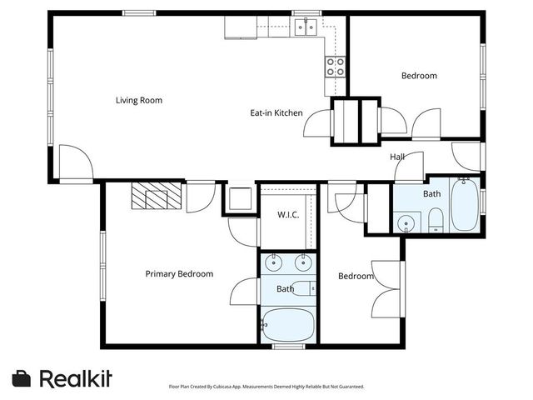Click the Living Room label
[x=139, y=100]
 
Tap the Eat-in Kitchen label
[x=276, y=113]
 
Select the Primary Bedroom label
[x=179, y=274]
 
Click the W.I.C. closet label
[x=288, y=215]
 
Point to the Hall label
[x=397, y=157]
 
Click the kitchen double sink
[x=306, y=27]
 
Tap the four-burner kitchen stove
[x=335, y=67]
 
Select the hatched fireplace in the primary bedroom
[x=157, y=196]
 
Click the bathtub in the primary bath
[x=288, y=325]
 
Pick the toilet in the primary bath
[x=303, y=288]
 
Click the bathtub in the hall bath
[x=465, y=205]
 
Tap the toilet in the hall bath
[x=436, y=220]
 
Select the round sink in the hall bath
[x=406, y=223]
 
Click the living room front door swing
[x=76, y=162]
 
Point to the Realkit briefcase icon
[x=22, y=378]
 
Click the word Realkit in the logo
[x=76, y=378]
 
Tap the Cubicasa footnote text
[x=266, y=387]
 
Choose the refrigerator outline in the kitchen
[x=241, y=27]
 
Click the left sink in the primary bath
[x=274, y=262]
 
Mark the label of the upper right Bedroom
[x=419, y=76]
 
